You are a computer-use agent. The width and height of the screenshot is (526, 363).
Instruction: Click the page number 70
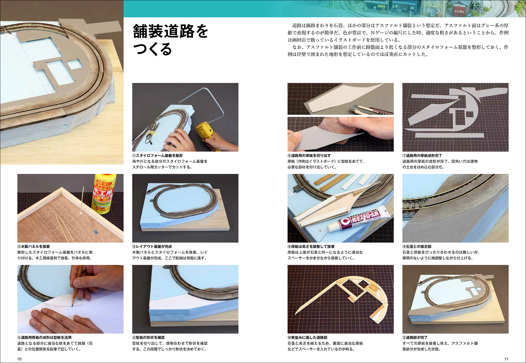[19, 359]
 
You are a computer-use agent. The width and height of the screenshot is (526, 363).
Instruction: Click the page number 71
[506, 359]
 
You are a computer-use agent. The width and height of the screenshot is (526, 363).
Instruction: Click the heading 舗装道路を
[170, 31]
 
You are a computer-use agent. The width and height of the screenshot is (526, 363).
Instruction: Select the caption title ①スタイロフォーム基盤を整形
[158, 156]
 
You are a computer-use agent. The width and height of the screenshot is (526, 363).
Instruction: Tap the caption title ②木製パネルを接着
[33, 247]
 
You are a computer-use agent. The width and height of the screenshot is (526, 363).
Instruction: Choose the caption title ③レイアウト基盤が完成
[152, 247]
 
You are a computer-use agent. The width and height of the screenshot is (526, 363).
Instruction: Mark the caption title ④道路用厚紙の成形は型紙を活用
[44, 338]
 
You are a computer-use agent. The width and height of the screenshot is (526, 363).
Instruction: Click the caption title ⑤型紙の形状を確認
[148, 338]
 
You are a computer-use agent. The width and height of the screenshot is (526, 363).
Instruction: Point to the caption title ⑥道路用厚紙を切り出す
[309, 156]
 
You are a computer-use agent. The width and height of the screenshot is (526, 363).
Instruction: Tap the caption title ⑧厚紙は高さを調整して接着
[311, 247]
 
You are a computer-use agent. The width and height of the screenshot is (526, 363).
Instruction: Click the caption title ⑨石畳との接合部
[417, 247]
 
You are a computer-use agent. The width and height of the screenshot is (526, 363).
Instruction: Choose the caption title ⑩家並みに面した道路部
[307, 338]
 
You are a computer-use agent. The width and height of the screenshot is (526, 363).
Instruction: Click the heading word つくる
[153, 49]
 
